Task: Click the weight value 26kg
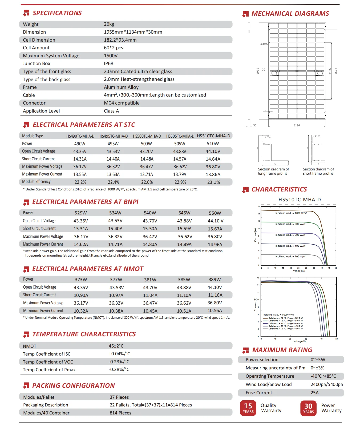click(109, 24)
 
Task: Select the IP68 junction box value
click(108, 63)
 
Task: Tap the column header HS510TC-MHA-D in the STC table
click(213, 136)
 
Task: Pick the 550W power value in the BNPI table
click(215, 213)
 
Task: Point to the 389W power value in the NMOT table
click(215, 280)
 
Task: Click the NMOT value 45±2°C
click(116, 346)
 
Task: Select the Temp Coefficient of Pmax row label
click(49, 370)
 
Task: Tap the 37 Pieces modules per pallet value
click(119, 397)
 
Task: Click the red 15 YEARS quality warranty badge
click(248, 408)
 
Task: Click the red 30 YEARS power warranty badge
click(308, 408)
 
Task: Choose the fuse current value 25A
click(314, 393)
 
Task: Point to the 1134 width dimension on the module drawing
click(297, 125)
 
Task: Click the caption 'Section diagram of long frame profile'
click(273, 171)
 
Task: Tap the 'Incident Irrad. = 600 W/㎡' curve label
click(290, 235)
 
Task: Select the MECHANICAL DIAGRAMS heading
click(290, 14)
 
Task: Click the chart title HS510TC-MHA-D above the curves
click(300, 199)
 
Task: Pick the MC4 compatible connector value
click(122, 103)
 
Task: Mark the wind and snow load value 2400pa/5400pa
click(326, 384)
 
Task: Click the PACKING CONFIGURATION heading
click(73, 386)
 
